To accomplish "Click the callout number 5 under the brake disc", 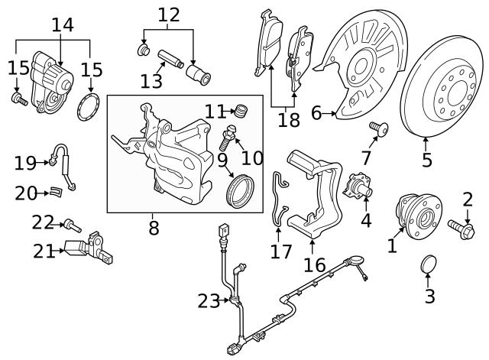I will coord(426,161).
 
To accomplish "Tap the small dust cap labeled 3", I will coord(430,264).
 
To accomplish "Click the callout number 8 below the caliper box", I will coord(153,227).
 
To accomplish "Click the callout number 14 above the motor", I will coord(63,24).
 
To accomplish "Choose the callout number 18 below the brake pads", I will coord(288,119).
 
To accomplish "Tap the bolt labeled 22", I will coord(71,225).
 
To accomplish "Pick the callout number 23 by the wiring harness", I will coord(209,301).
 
